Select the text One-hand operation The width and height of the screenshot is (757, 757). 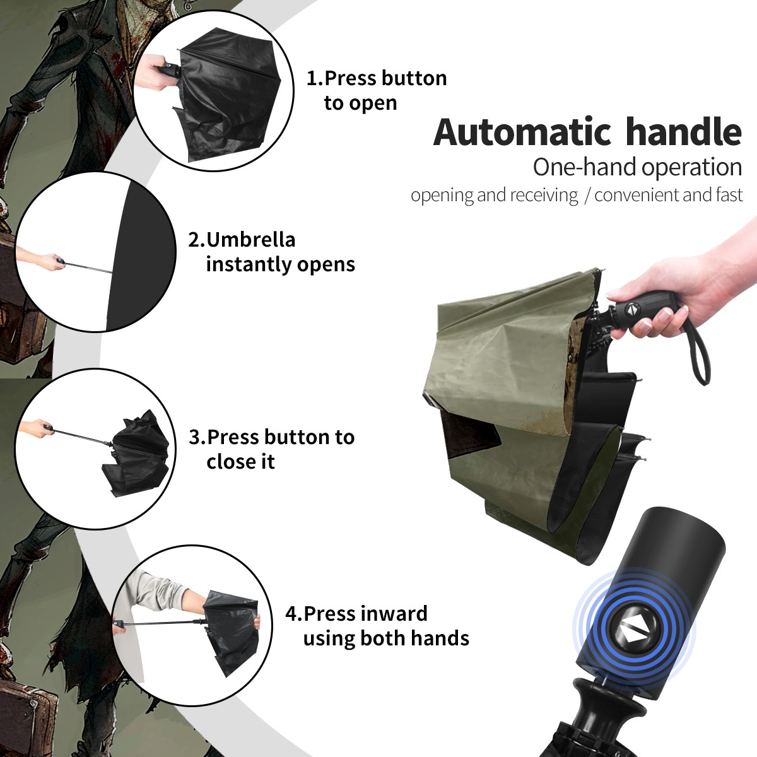coord(637,167)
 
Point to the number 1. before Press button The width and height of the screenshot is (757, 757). coord(315,78)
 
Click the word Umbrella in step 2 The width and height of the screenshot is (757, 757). coord(250,240)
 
